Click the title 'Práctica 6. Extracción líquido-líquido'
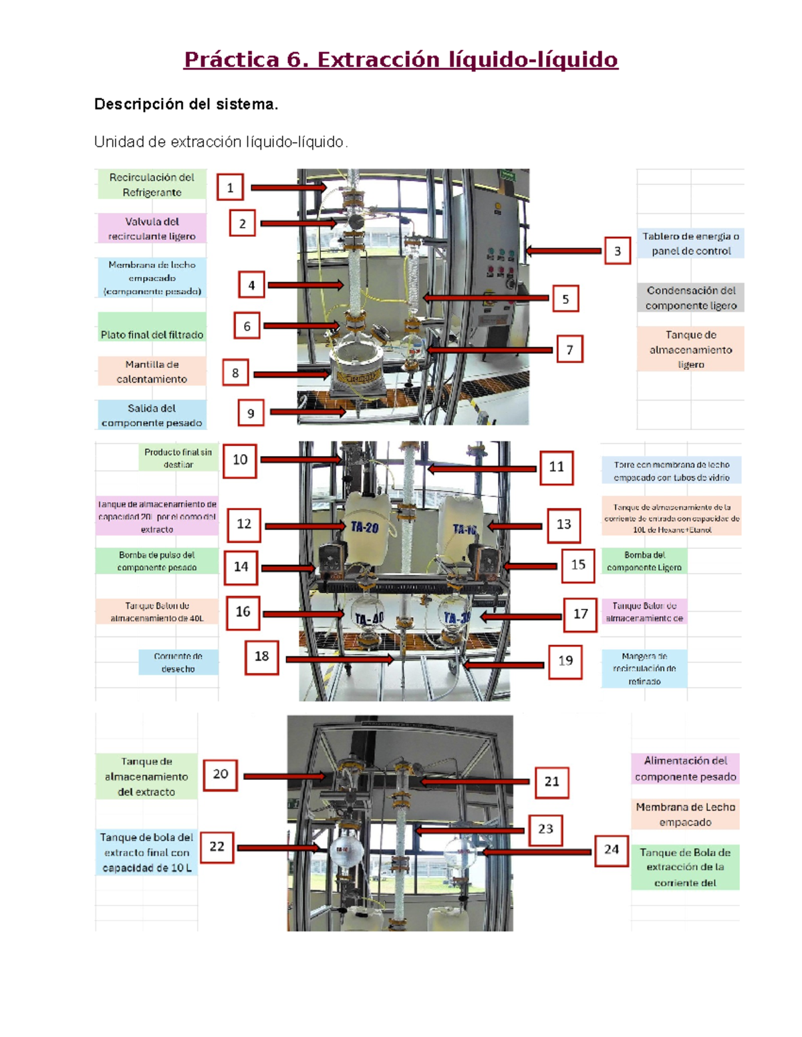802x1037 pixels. tap(400, 59)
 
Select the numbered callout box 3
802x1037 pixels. tap(618, 251)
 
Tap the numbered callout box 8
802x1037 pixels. tap(235, 373)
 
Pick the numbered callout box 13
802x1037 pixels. tap(563, 524)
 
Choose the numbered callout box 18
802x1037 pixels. tap(261, 656)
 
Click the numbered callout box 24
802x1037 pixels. tap(611, 849)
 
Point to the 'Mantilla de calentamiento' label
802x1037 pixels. tap(152, 372)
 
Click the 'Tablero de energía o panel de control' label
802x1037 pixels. tap(690, 244)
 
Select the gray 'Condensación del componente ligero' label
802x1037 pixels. tap(690, 298)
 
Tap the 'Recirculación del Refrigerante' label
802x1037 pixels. tap(152, 185)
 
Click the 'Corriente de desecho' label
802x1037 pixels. tap(178, 662)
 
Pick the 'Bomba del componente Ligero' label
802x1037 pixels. tap(644, 561)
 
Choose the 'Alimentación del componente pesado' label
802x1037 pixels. tap(685, 769)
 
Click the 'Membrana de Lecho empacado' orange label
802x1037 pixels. tap(685, 815)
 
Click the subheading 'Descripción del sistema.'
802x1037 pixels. tap(186, 104)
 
